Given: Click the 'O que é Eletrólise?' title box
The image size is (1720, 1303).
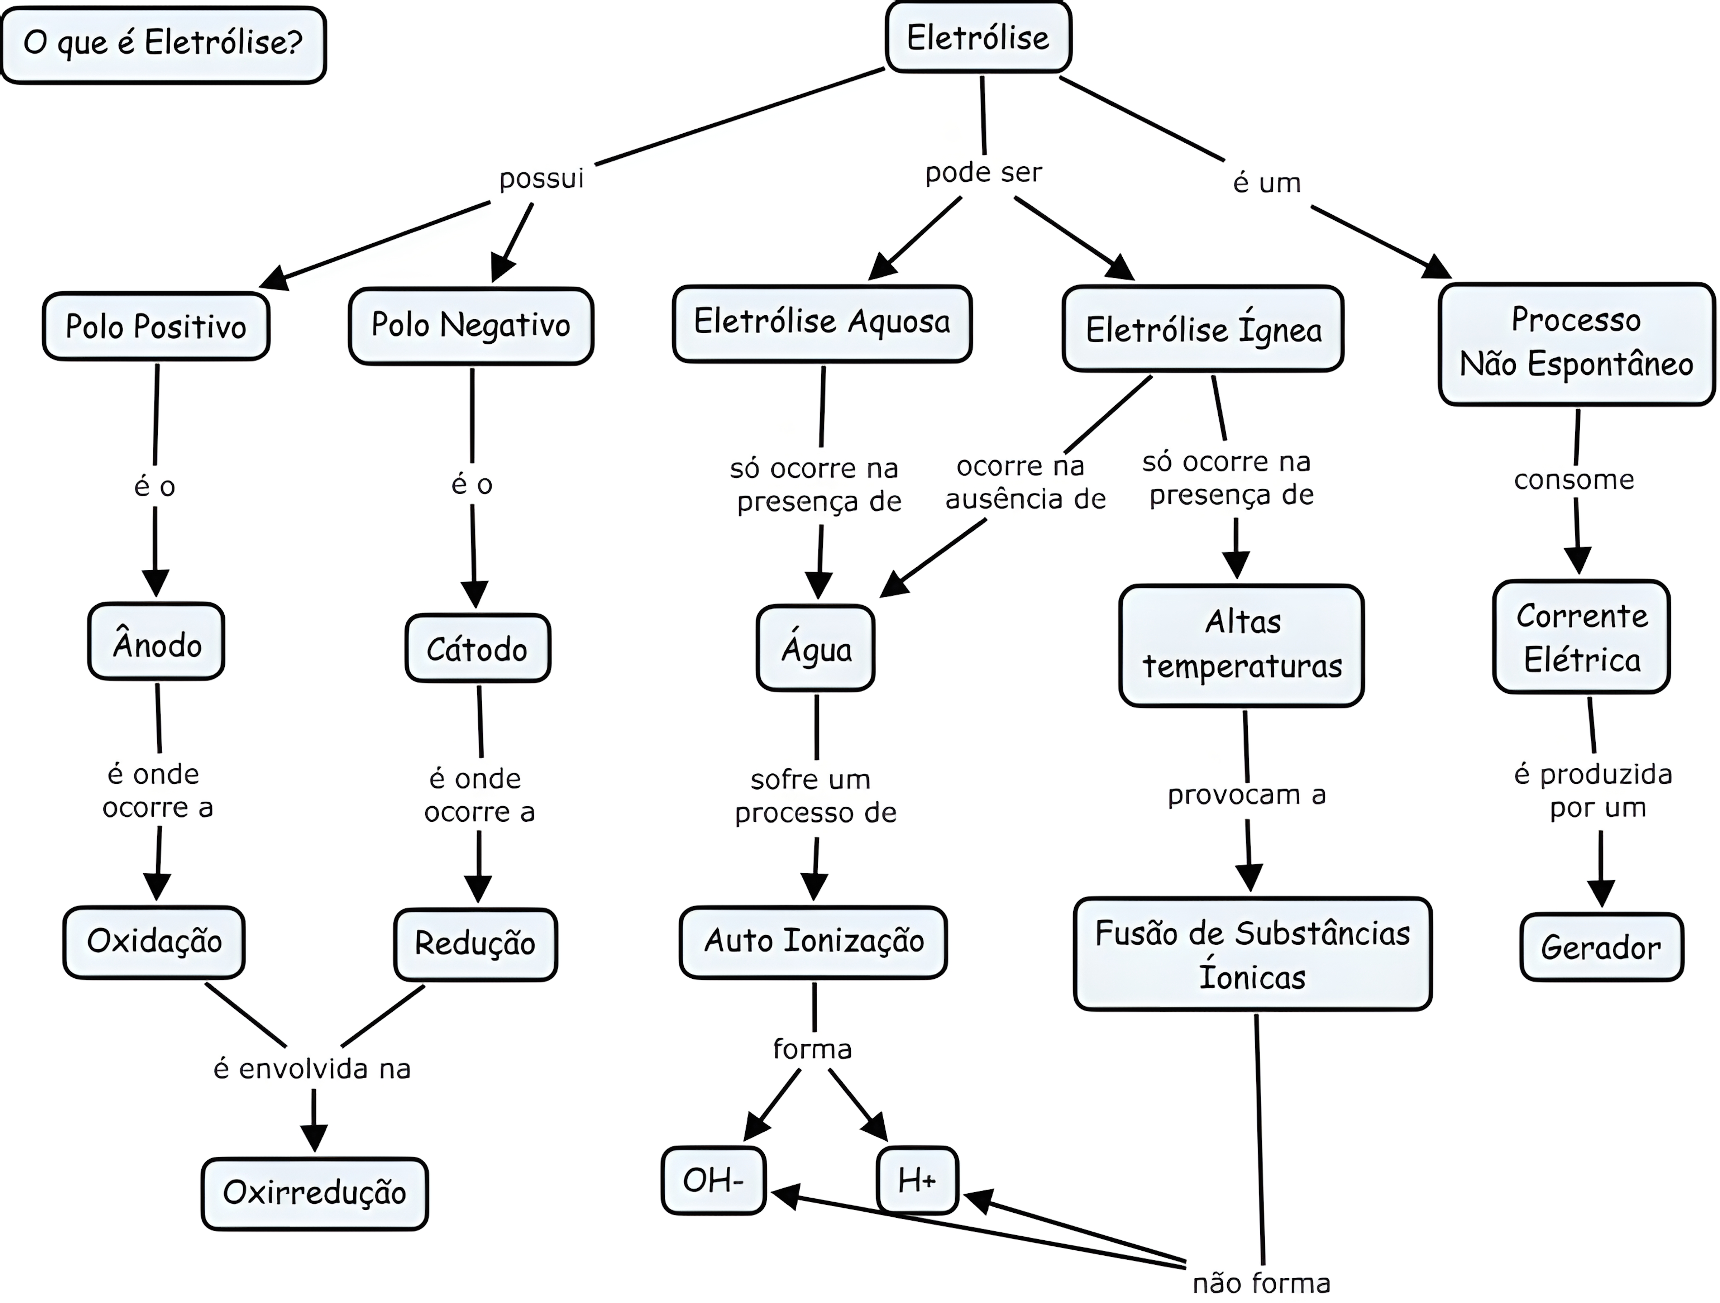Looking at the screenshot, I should tap(163, 43).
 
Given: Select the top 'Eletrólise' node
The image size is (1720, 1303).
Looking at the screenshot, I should tap(978, 37).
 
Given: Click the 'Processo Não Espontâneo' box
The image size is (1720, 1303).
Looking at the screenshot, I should tap(1576, 343).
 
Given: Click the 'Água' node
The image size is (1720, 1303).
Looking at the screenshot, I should tap(816, 648).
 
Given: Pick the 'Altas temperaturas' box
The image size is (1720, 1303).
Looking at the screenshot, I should tap(1242, 644).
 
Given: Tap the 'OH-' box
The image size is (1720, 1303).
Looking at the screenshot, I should tap(713, 1180).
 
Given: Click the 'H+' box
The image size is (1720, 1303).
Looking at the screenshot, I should tap(917, 1180).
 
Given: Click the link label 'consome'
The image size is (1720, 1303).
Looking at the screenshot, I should tap(1574, 480).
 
